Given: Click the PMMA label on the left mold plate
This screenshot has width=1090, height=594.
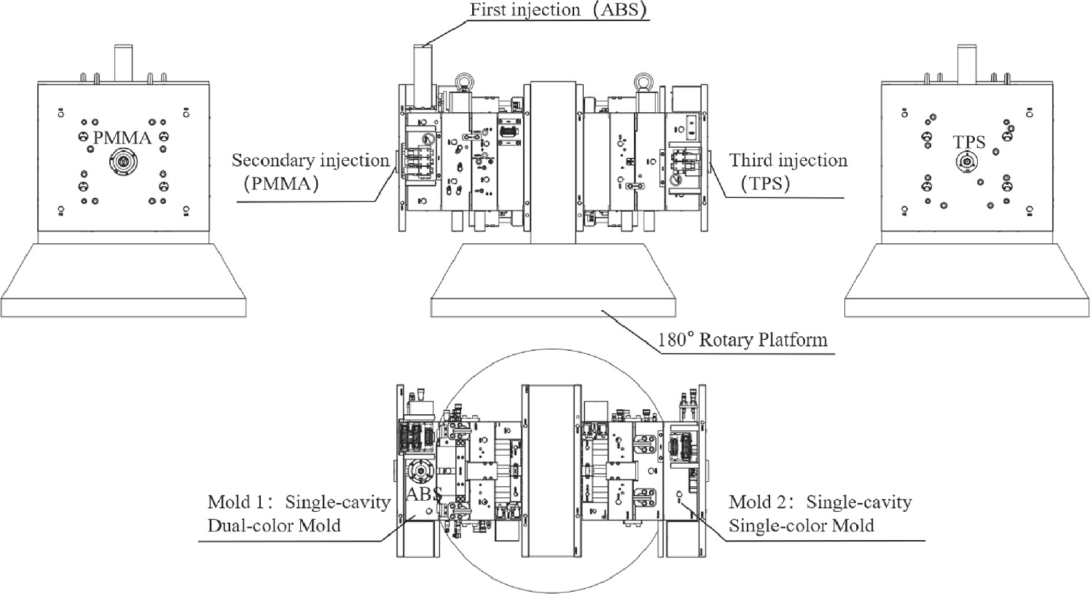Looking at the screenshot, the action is click(x=122, y=138).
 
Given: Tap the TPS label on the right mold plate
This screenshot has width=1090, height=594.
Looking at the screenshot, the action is click(x=969, y=142).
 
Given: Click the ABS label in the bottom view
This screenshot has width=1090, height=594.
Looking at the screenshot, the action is click(x=424, y=494).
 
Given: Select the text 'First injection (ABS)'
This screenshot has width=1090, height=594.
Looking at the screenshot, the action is click(x=559, y=10).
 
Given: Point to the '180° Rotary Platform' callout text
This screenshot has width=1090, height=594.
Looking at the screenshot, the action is click(x=742, y=339).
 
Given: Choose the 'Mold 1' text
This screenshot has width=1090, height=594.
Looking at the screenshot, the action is click(x=236, y=502).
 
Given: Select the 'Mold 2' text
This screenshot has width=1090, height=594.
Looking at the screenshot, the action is click(x=757, y=502).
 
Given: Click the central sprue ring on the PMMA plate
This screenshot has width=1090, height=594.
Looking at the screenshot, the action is click(x=123, y=162).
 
